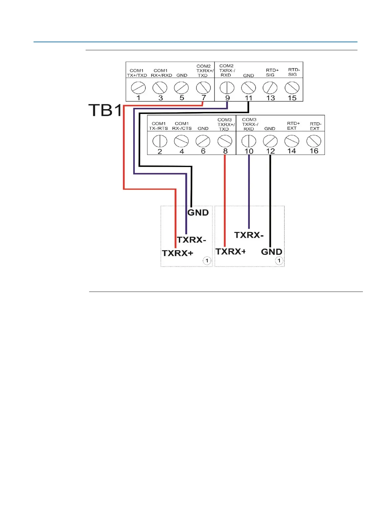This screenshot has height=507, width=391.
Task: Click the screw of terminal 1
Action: [138, 88]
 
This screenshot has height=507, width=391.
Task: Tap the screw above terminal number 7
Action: [203, 87]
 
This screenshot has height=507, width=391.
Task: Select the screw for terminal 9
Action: [227, 88]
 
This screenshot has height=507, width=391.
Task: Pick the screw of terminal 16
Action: [314, 141]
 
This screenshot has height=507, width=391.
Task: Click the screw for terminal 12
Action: [270, 141]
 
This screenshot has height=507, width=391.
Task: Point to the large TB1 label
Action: [105, 110]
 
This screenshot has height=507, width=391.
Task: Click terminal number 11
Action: [249, 98]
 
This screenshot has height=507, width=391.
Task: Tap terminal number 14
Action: [292, 151]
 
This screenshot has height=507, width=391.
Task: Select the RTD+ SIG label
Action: [272, 73]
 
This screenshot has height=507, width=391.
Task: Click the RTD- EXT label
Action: [315, 126]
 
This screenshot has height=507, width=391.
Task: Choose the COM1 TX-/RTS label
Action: [158, 126]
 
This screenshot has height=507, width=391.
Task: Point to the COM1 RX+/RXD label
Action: [161, 73]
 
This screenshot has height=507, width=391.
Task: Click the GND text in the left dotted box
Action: [198, 213]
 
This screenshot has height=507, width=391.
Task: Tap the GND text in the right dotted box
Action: [272, 252]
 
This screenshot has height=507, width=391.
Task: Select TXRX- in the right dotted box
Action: [249, 235]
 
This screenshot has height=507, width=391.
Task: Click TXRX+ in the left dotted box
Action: [178, 253]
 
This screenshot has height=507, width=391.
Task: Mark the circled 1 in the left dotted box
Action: [207, 261]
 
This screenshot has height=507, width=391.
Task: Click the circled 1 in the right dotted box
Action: [279, 261]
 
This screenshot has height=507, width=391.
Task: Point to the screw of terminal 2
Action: [160, 141]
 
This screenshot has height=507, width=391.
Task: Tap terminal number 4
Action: [182, 151]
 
